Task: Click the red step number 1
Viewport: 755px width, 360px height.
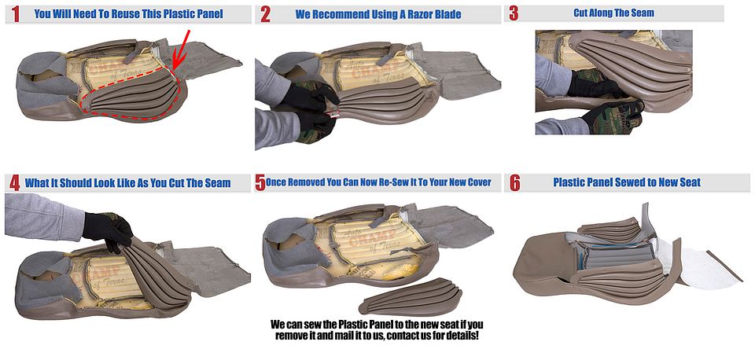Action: point(16,14)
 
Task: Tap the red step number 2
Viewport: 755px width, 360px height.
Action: point(265,15)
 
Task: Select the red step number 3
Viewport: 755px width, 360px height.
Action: point(514,14)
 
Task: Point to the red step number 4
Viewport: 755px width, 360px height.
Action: point(15,183)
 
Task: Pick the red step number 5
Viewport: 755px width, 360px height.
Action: point(260,182)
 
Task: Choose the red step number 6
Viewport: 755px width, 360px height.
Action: point(515,183)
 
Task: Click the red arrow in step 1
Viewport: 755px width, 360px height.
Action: point(181,50)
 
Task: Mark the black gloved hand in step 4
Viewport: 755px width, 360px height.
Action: point(108,230)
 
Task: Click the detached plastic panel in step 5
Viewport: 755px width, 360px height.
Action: point(410,296)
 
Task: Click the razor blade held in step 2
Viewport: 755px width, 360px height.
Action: point(333,115)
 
